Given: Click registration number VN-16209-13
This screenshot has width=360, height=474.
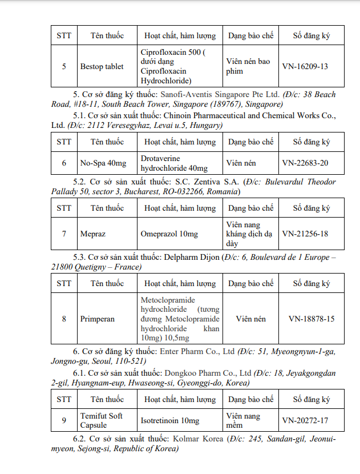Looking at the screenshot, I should tap(305, 66).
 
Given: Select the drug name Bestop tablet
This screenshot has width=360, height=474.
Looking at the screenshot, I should tap(102, 66).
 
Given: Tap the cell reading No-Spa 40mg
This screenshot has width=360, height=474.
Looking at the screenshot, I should tap(103, 163).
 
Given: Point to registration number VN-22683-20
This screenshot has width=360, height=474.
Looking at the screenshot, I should tap(305, 163).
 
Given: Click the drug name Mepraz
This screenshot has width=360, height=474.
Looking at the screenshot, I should tap(93, 234).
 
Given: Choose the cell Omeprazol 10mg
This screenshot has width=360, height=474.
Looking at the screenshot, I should tap(169, 234).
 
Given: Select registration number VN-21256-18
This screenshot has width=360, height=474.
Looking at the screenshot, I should tap(305, 234).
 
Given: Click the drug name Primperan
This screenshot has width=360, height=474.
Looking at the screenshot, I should tap(98, 319).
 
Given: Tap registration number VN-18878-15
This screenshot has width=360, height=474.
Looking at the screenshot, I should tap(311, 319).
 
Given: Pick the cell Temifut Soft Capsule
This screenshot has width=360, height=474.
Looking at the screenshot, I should tap(102, 420).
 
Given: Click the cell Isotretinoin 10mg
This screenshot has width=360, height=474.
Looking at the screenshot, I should tap(170, 420).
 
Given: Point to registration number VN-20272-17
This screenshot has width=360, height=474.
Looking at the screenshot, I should tap(305, 420).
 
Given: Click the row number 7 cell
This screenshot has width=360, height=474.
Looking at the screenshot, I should tap(64, 234).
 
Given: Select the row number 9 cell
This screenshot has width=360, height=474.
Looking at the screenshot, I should tap(64, 420).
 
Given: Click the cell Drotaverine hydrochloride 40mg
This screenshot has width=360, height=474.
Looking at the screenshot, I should tap(174, 163).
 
